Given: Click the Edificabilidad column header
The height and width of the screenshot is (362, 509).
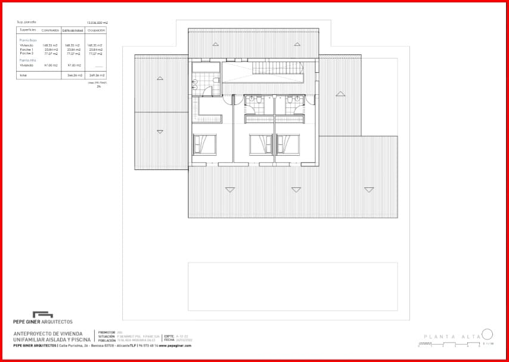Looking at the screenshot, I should pyautogui.click(x=73, y=30).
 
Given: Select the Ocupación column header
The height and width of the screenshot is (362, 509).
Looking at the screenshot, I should pyautogui.click(x=96, y=30).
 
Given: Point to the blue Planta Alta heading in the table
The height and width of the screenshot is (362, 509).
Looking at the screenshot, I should pyautogui.click(x=27, y=60).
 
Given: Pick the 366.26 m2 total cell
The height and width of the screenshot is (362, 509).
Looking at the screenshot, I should pyautogui.click(x=75, y=76).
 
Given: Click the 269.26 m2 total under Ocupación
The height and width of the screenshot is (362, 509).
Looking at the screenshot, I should pyautogui.click(x=97, y=76).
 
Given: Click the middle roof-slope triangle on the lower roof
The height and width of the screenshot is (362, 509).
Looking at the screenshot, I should pyautogui.click(x=296, y=190).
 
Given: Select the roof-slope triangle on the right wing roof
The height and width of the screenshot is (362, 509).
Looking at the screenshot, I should pyautogui.click(x=340, y=94).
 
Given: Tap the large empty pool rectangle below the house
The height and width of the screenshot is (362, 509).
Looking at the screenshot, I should pyautogui.click(x=293, y=286).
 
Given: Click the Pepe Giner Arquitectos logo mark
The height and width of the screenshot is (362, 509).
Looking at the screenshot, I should pyautogui.click(x=43, y=314).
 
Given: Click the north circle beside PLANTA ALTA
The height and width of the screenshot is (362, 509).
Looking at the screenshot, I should pyautogui.click(x=487, y=334).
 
